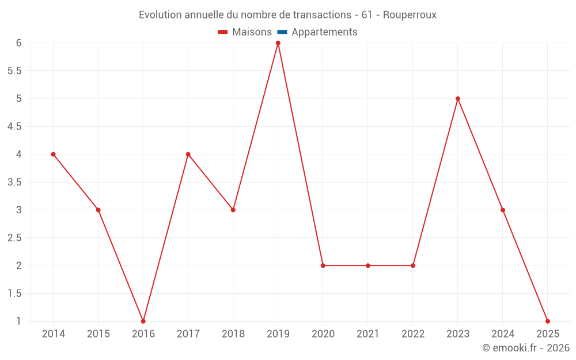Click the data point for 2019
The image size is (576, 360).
(278, 43)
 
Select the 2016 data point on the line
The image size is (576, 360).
(143, 321)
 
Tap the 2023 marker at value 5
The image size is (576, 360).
(458, 98)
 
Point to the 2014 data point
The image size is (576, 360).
(54, 154)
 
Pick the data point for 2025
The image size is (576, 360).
(548, 321)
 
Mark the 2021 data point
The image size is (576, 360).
(368, 266)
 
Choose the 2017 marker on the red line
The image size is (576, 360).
(188, 154)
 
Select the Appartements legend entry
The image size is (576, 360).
(324, 32)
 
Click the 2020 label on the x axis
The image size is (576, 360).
(323, 334)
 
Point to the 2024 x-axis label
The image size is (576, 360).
(503, 334)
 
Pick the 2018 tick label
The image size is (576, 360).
(233, 334)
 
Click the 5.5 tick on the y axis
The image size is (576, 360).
(14, 71)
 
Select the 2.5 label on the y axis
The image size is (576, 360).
(14, 238)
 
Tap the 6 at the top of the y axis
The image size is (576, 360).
(19, 43)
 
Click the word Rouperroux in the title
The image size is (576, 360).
(410, 15)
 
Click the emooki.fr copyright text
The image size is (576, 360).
(526, 348)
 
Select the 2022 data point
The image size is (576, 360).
(413, 266)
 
